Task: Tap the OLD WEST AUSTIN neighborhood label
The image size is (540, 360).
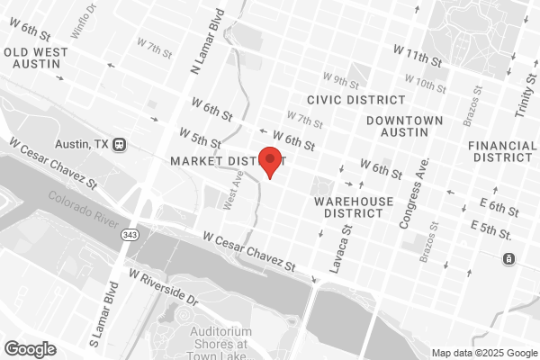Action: [35, 58]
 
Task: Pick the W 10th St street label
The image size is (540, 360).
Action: [426, 85]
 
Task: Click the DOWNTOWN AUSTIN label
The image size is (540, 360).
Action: [404, 127]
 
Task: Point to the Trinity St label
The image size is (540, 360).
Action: [525, 97]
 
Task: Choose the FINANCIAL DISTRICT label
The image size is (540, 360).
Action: [502, 151]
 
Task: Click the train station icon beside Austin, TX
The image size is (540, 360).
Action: [120, 144]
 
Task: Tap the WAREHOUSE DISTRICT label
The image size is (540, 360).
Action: [355, 207]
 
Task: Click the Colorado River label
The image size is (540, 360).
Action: [83, 206]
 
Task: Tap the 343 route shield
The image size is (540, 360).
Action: [130, 234]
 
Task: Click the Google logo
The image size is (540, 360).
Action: [30, 348]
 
